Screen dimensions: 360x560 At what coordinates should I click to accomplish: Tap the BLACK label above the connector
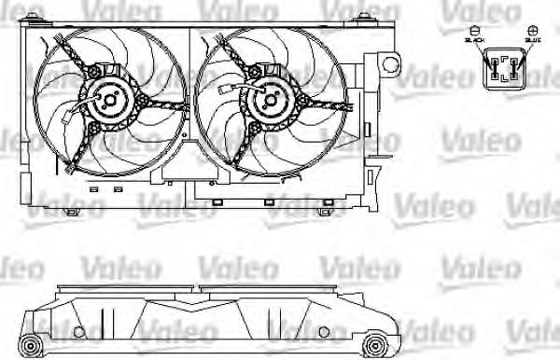[x=474, y=42]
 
